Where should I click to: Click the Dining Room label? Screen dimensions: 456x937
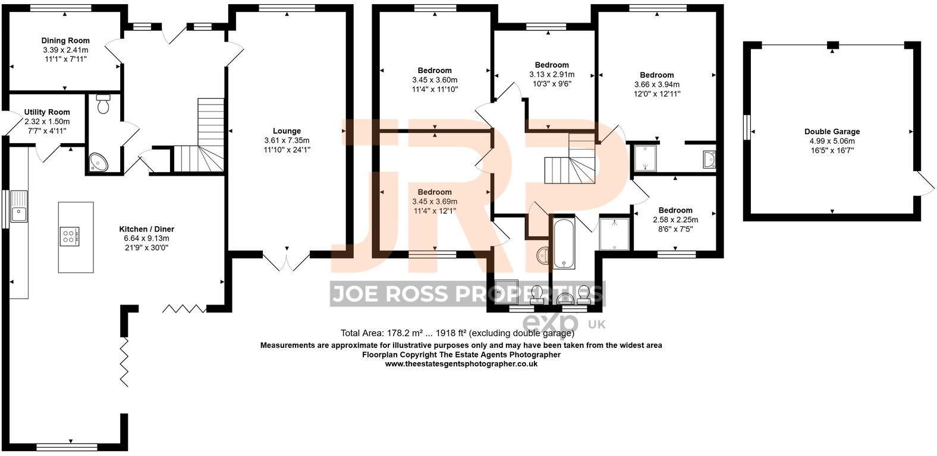pyautogui.click(x=65, y=40)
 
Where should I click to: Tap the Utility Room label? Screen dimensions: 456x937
pyautogui.click(x=47, y=112)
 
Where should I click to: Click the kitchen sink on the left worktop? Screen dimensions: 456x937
pyautogui.click(x=18, y=205)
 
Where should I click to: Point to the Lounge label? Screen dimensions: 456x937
pyautogui.click(x=287, y=131)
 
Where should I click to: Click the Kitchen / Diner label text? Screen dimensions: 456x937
pyautogui.click(x=147, y=229)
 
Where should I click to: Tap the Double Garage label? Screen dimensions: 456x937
pyautogui.click(x=832, y=132)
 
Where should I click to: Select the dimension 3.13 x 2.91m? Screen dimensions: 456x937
pyautogui.click(x=552, y=75)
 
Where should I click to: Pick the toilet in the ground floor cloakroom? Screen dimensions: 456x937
pyautogui.click(x=103, y=104)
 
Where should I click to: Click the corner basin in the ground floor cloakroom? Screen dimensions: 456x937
pyautogui.click(x=97, y=161)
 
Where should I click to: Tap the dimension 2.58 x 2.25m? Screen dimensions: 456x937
pyautogui.click(x=675, y=220)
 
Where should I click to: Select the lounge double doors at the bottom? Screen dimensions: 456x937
pyautogui.click(x=287, y=261)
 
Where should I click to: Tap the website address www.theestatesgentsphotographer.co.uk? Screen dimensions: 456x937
pyautogui.click(x=461, y=364)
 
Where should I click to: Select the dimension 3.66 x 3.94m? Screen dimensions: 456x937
pyautogui.click(x=657, y=84)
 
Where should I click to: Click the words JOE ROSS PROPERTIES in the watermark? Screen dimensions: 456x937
pyautogui.click(x=467, y=294)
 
